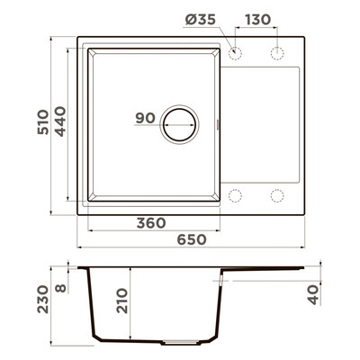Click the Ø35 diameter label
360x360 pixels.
[200, 20]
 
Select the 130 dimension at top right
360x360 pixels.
[258, 20]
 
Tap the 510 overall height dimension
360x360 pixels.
[42, 122]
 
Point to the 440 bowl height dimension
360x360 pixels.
[60, 121]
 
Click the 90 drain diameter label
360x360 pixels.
[145, 118]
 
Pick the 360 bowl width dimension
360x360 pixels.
[151, 223]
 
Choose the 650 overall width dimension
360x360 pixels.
[192, 239]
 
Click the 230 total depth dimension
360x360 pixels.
[42, 300]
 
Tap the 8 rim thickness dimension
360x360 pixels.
[61, 289]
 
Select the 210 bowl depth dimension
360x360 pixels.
[122, 301]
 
